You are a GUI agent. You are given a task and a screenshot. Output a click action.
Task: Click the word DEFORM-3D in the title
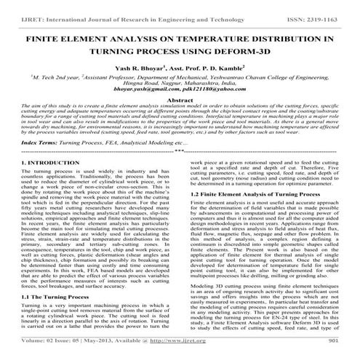(x=248, y=53)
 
